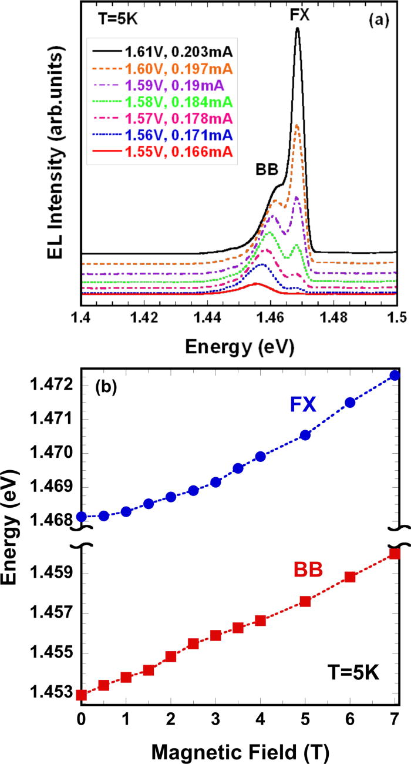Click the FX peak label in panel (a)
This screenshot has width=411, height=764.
click(x=298, y=15)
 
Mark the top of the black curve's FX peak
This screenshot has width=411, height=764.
click(x=298, y=28)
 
